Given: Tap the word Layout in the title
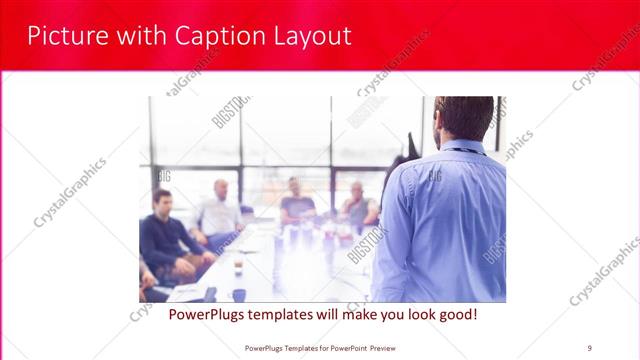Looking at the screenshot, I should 311,36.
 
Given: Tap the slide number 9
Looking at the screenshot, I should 589,347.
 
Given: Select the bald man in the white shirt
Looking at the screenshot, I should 219,210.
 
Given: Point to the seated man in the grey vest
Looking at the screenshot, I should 357,205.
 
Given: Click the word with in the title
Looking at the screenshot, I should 142,36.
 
